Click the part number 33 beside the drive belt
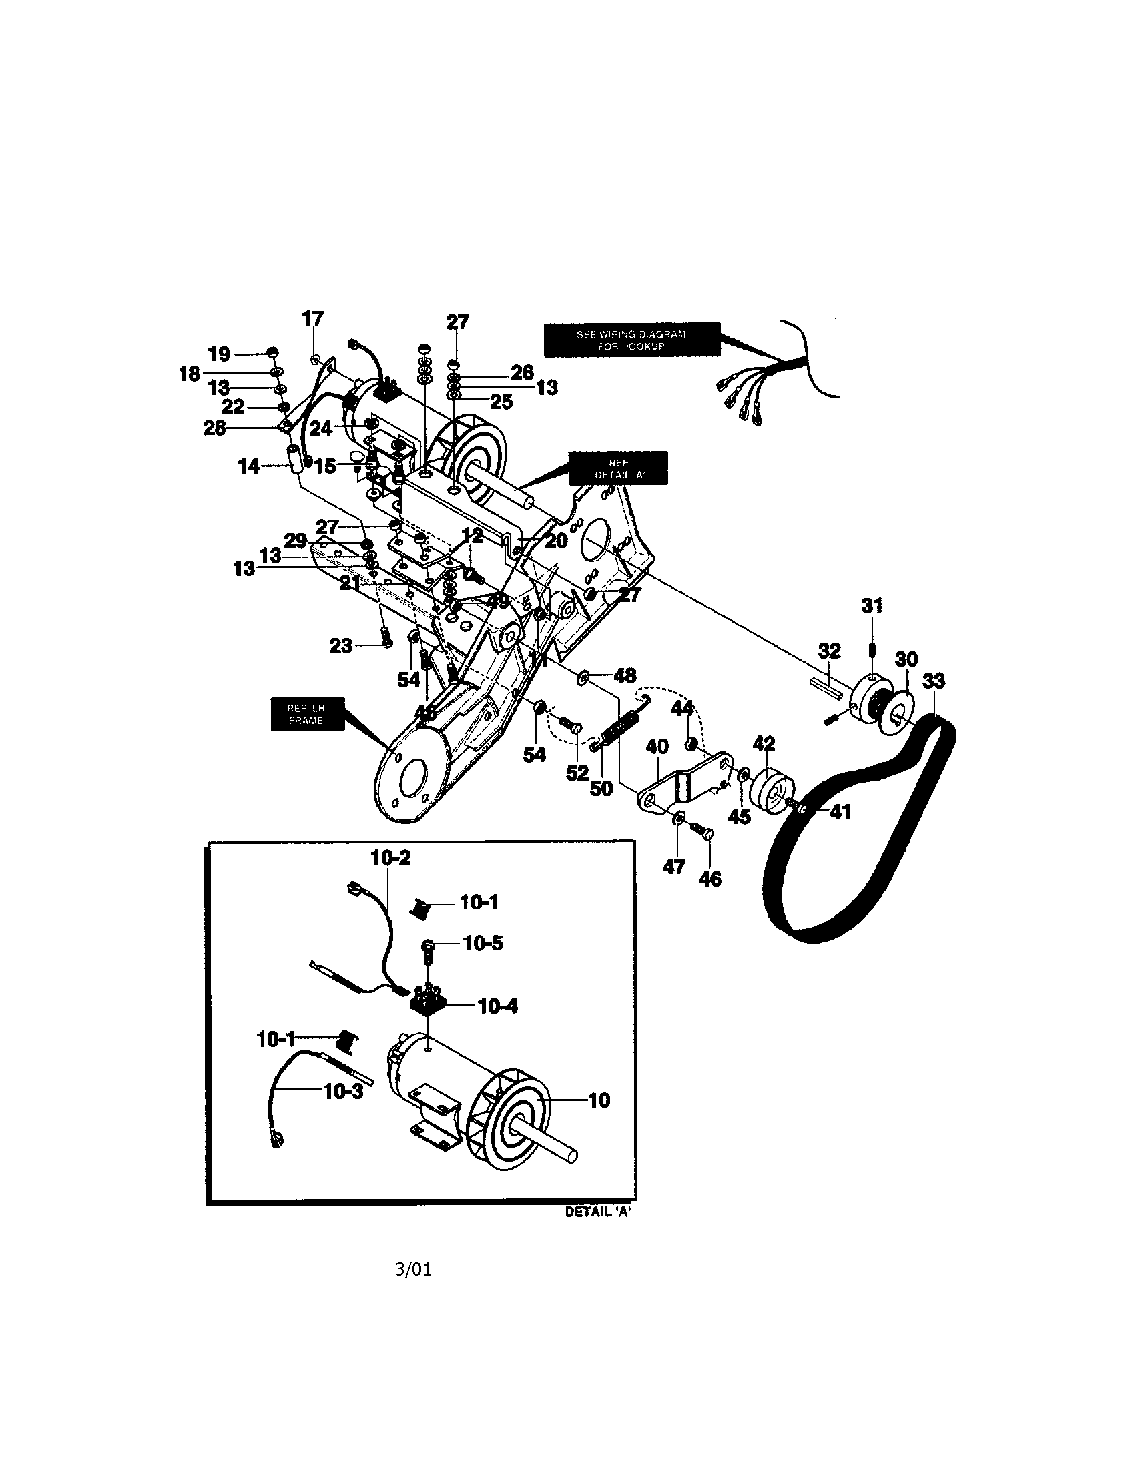point(933,681)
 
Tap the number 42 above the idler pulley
point(764,744)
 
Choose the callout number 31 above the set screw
point(872,606)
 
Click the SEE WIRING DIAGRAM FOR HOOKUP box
point(631,340)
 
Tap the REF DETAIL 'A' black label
point(619,468)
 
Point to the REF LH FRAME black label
point(306,715)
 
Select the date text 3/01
point(412,1269)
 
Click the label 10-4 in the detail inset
point(498,1006)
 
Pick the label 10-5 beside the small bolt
point(483,943)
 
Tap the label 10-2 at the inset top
point(390,857)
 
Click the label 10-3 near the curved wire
point(343,1092)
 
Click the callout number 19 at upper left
point(219,354)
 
